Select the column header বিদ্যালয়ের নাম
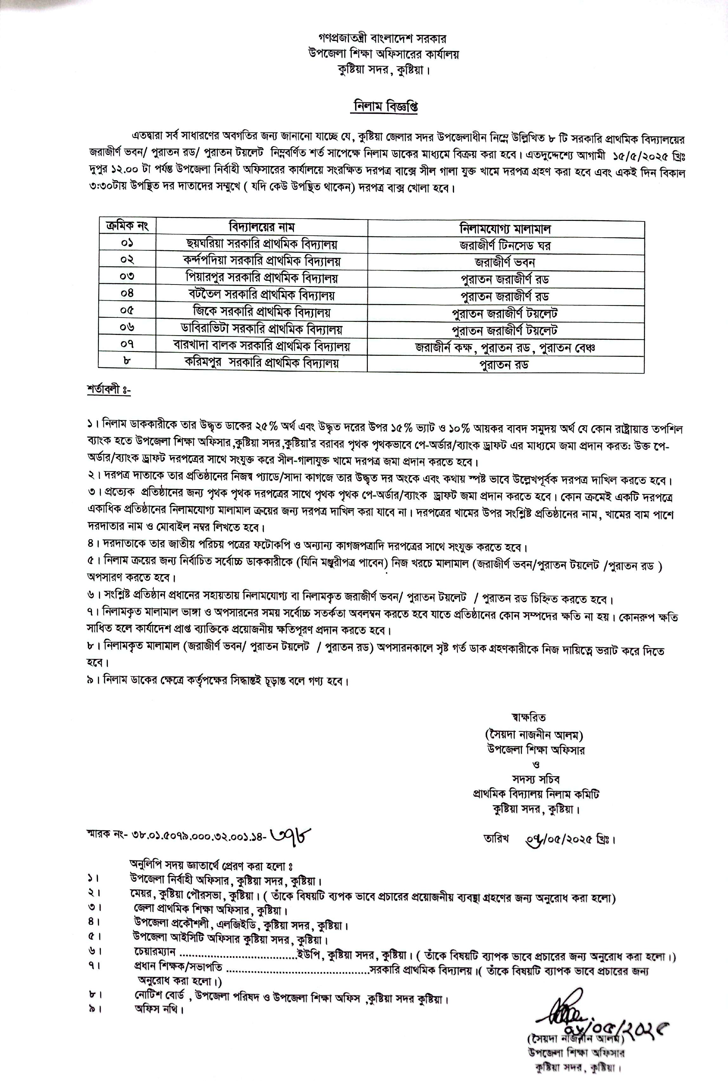[261, 227]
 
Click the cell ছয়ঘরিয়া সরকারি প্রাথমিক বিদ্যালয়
[261, 244]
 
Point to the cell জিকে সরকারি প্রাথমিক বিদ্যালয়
[261, 312]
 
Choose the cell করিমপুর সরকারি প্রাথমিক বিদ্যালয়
[261, 363]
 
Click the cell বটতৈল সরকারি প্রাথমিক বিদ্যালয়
[261, 295]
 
